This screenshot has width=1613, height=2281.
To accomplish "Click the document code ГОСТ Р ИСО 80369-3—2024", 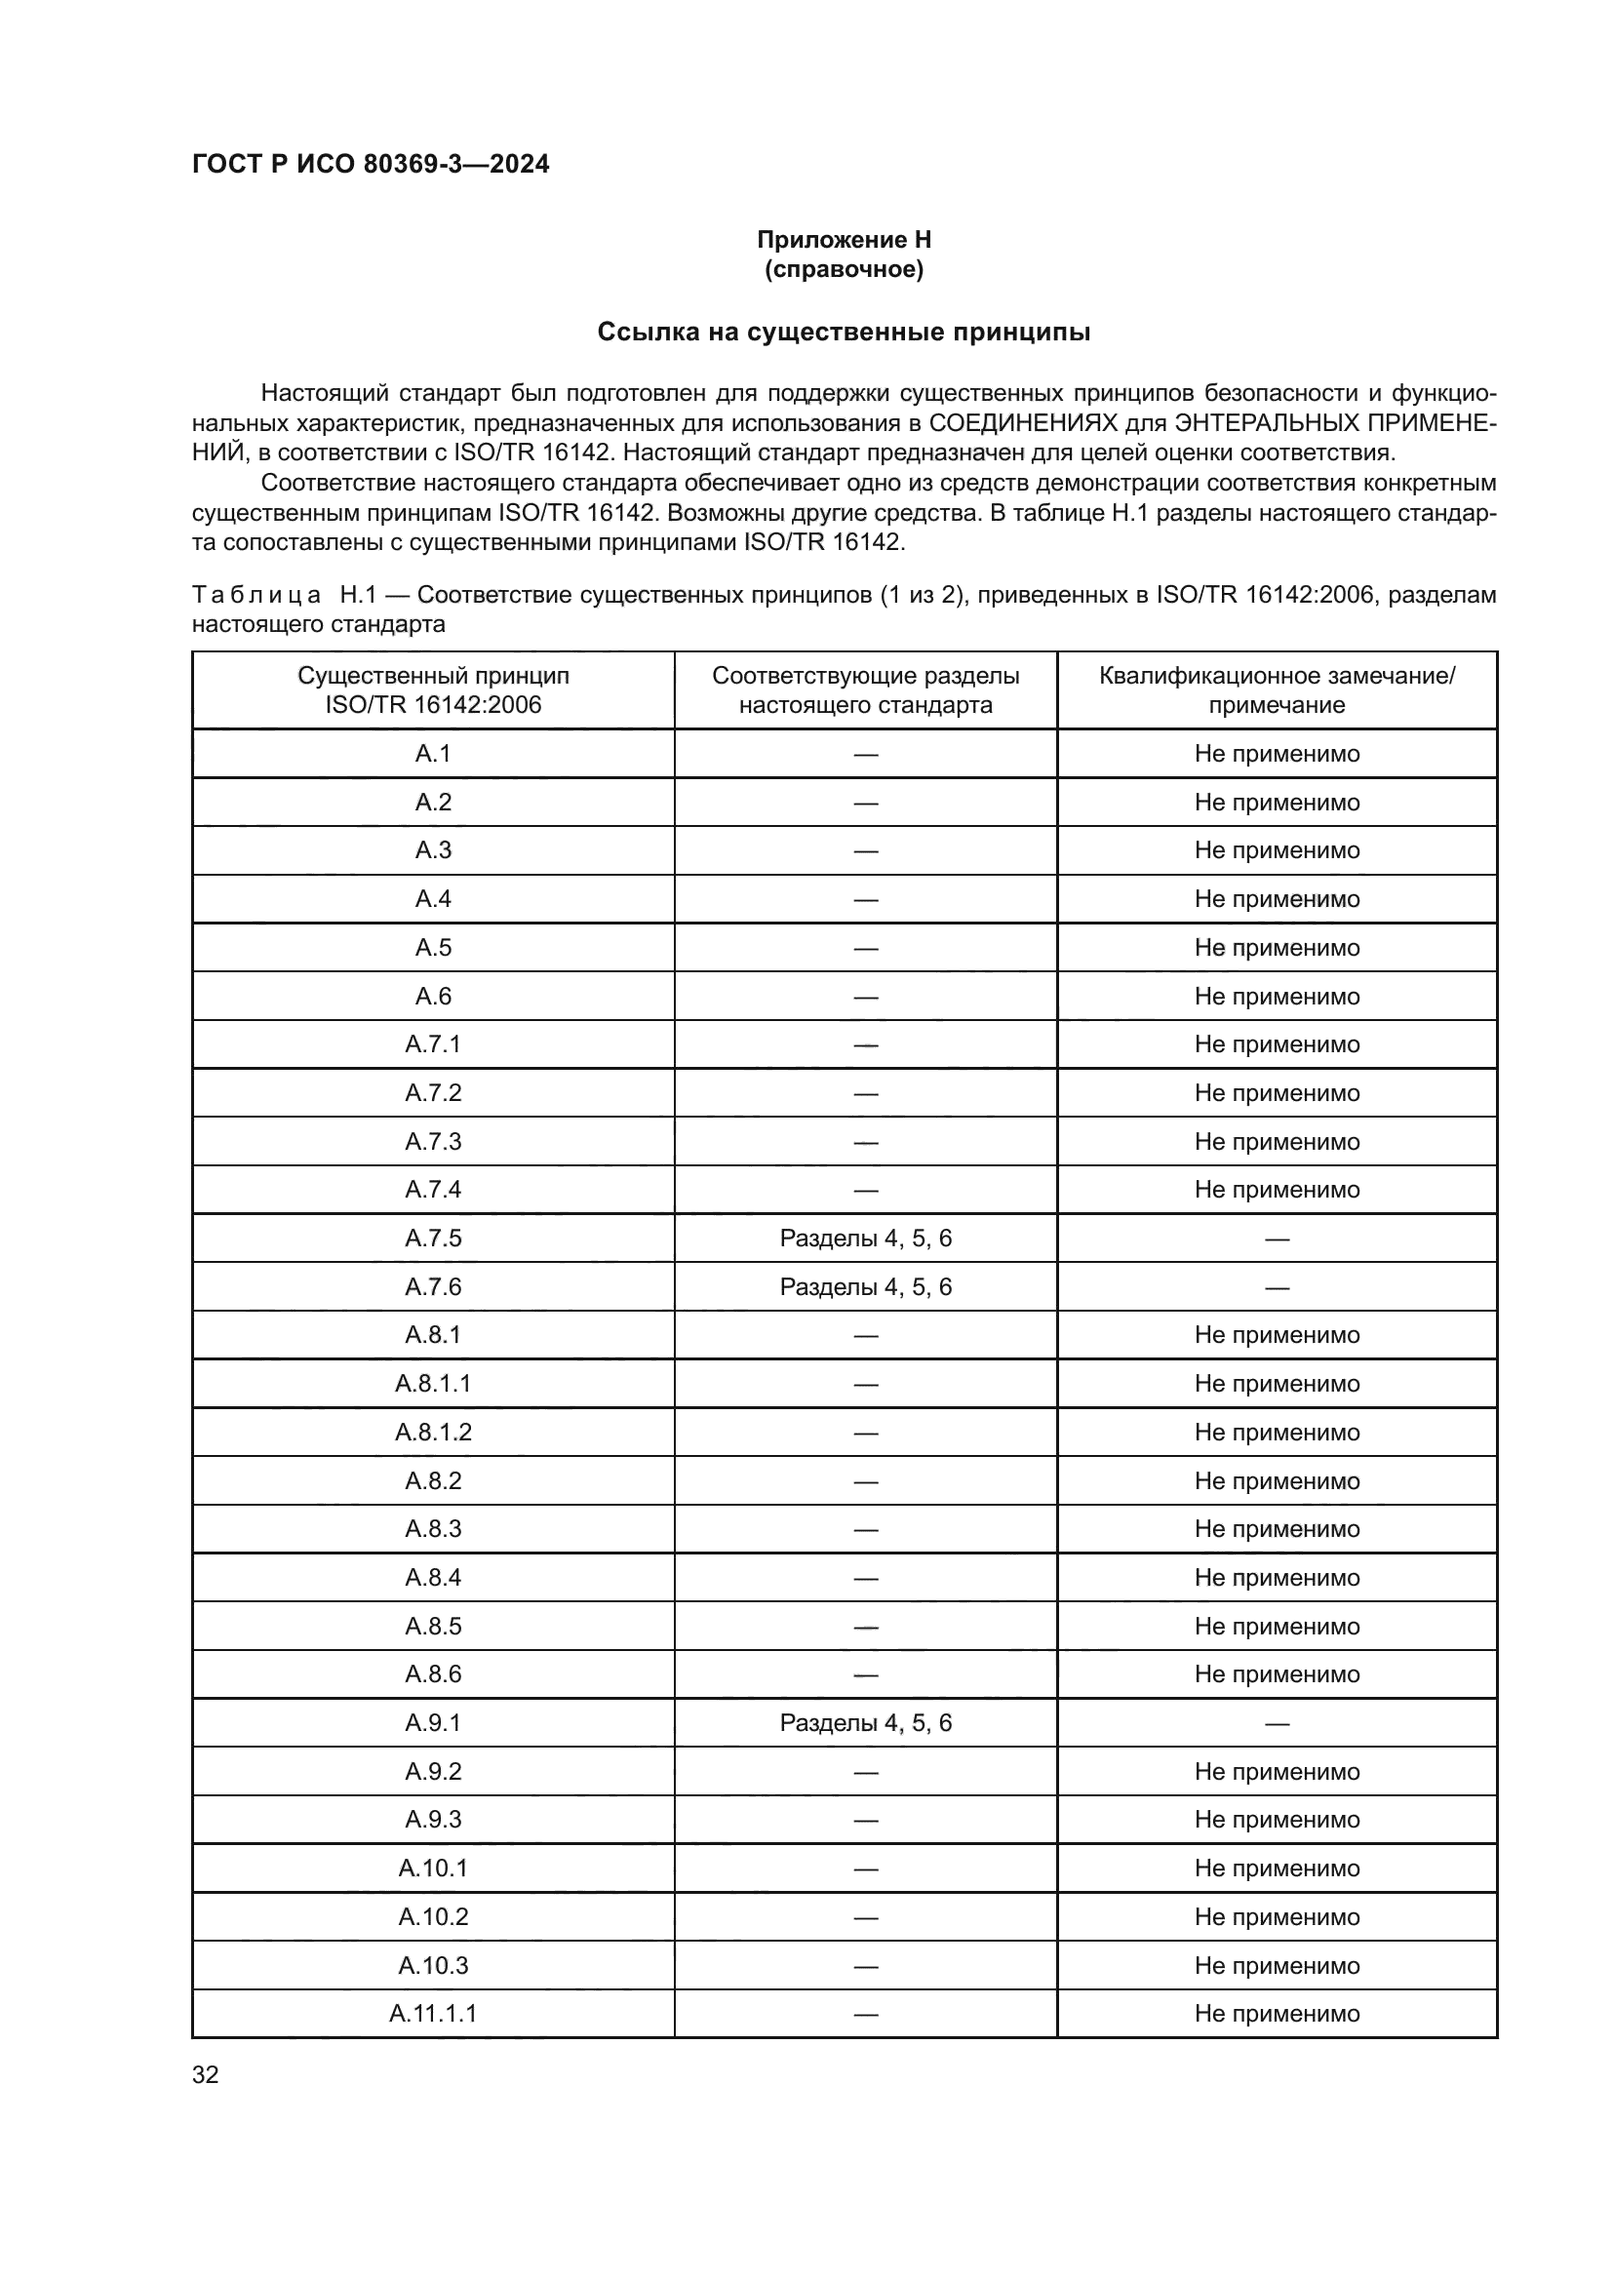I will point(371,164).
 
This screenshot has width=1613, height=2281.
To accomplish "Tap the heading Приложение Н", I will point(844,240).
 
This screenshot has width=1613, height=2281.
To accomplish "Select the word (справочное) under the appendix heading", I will point(844,269).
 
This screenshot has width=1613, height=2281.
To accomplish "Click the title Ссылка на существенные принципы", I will point(844,332).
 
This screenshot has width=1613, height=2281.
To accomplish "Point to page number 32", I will point(206,2074).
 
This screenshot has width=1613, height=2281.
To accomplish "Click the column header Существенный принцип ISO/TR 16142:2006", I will point(433,690).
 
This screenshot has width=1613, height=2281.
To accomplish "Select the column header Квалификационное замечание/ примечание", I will point(1277,690).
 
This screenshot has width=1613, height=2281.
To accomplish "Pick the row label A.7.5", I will point(433,1238).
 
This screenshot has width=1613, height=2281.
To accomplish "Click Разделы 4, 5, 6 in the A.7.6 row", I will point(865,1286).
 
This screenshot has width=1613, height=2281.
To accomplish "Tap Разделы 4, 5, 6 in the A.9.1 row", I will point(865,1722).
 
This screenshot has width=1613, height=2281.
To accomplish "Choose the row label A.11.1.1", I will point(433,2014).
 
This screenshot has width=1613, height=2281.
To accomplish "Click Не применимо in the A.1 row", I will point(1277,753).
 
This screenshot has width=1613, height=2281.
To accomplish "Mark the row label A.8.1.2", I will point(433,1432).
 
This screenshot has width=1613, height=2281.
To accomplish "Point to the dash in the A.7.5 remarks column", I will point(1277,1239).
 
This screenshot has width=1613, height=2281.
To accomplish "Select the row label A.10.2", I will point(433,1916).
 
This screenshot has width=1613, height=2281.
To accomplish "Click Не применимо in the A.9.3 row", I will point(1277,1819).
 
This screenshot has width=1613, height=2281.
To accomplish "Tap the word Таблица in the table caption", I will point(256,595).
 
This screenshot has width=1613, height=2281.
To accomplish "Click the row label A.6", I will point(433,996).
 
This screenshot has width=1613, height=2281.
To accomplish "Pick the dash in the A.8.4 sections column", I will point(865,1578).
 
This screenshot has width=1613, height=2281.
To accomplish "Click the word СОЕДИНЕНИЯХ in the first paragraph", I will point(1022,423).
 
